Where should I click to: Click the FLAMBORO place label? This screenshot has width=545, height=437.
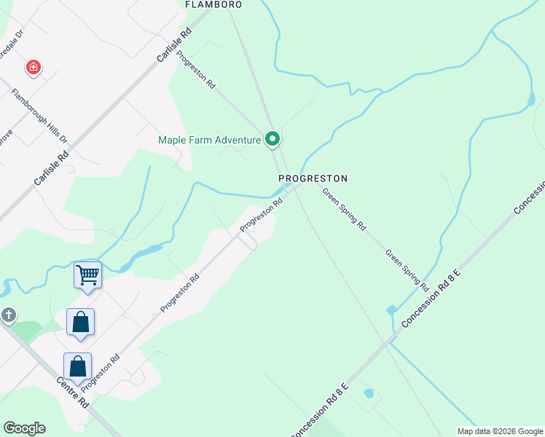213,4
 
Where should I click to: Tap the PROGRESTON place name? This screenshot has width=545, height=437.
313,178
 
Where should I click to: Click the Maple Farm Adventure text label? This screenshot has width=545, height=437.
210,140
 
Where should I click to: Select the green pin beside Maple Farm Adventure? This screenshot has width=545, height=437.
272,138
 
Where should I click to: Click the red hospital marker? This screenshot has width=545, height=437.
33,68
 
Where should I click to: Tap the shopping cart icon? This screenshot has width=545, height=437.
87,276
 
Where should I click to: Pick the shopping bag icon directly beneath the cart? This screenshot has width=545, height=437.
80,323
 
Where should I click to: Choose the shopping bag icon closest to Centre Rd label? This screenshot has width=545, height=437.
77,366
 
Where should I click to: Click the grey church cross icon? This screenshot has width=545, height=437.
8,315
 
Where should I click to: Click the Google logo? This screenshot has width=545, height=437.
24,428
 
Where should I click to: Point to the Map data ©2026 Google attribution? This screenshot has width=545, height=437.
501,431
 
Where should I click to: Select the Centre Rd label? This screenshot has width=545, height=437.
74,392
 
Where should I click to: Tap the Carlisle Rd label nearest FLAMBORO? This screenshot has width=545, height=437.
173,44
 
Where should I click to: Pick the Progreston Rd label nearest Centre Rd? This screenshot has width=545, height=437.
101,372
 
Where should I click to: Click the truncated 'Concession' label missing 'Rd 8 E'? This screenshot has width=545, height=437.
530,197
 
